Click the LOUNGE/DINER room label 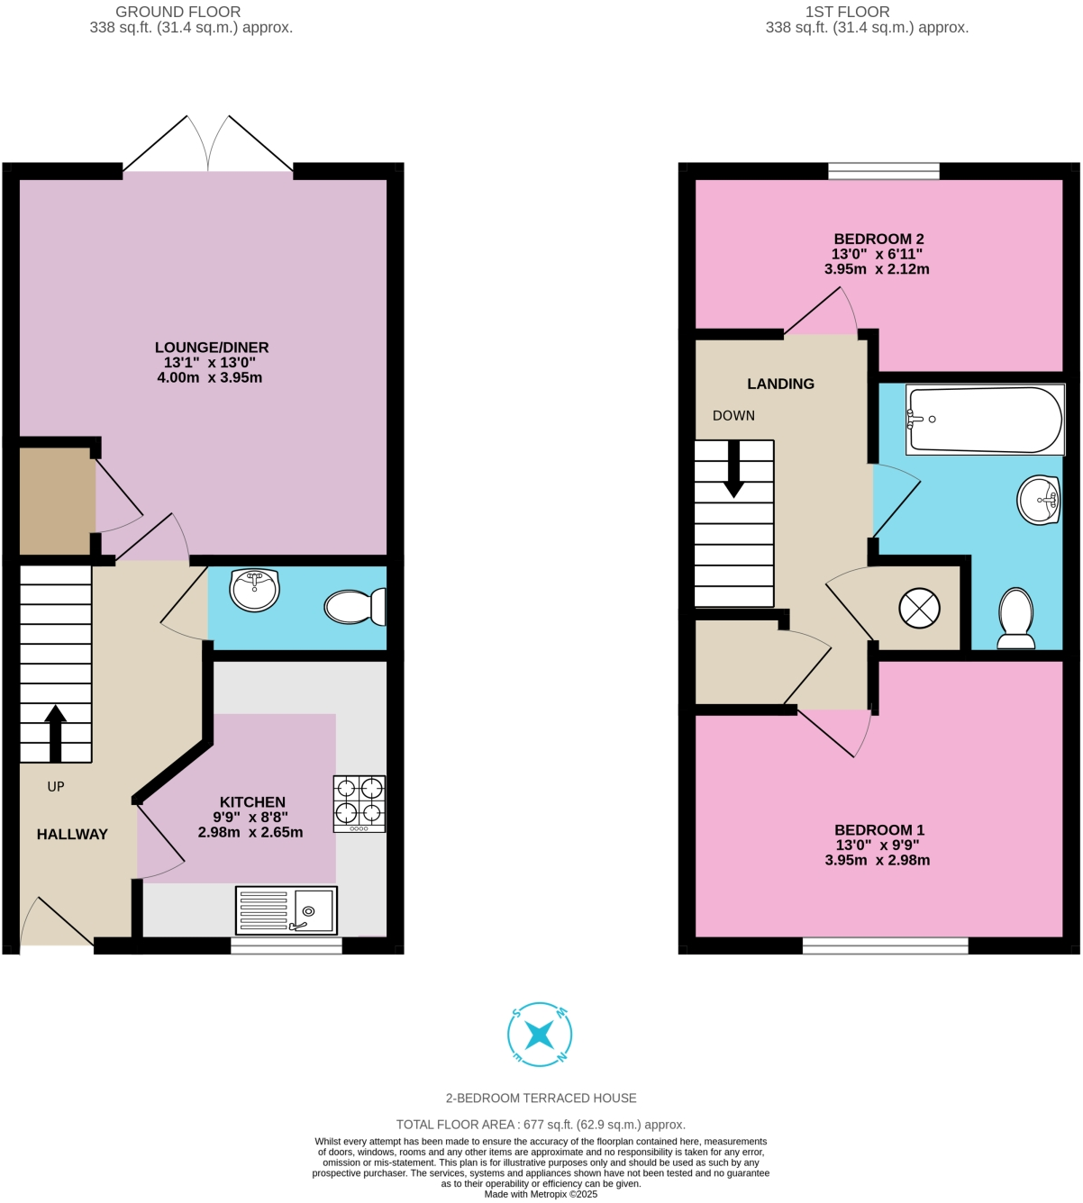tap(212, 348)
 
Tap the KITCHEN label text tap(252, 802)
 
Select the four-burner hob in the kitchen tap(359, 803)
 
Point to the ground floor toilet tap(355, 606)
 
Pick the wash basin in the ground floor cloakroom tap(255, 590)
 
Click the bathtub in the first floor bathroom tap(985, 420)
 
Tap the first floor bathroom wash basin tap(1039, 500)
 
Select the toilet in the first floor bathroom tap(1016, 619)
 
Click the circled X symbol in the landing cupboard tap(919, 609)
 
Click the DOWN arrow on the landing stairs tap(734, 469)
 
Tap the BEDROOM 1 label tap(878, 830)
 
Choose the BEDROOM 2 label tap(878, 239)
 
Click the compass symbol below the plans tap(540, 1035)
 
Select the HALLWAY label tap(72, 835)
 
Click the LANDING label tap(780, 384)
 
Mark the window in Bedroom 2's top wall tap(883, 171)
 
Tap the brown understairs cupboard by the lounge tap(56, 501)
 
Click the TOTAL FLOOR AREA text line tap(541, 1125)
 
